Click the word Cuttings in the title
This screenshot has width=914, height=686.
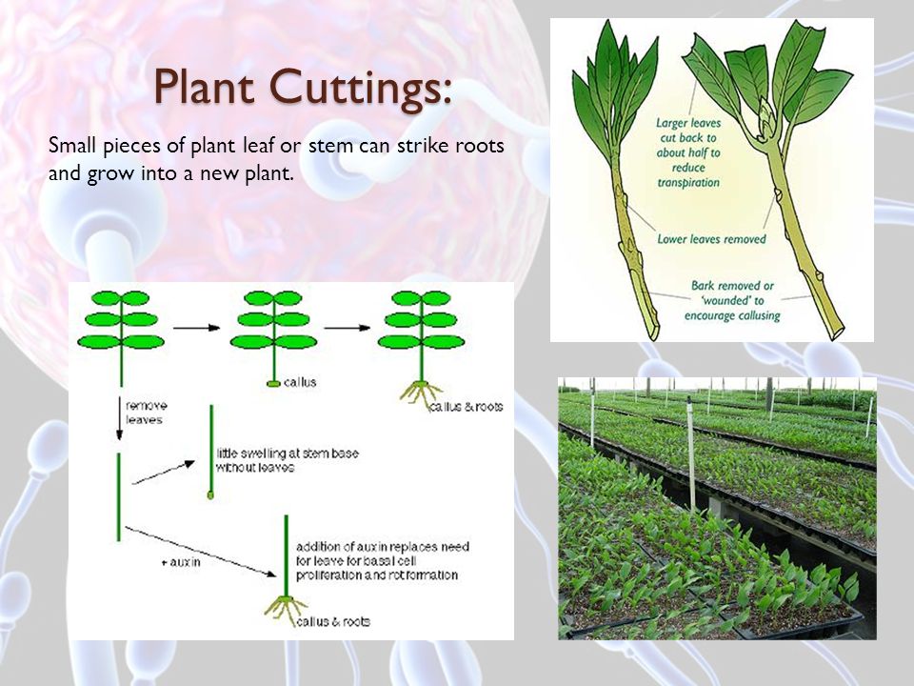click(x=361, y=88)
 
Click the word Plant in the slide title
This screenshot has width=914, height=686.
click(x=205, y=87)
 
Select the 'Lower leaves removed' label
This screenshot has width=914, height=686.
click(x=711, y=239)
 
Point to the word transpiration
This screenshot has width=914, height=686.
click(x=688, y=183)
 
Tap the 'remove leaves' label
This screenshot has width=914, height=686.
click(x=146, y=413)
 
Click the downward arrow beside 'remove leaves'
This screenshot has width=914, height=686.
click(x=120, y=417)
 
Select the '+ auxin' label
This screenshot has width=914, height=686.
click(x=181, y=562)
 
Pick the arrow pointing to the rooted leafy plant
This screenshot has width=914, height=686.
click(x=348, y=328)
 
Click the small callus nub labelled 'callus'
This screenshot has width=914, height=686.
click(x=273, y=383)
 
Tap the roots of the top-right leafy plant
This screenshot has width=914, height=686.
click(x=421, y=393)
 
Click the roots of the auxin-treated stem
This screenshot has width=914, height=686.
click(x=286, y=609)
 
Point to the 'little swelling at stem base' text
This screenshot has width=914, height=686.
click(x=288, y=454)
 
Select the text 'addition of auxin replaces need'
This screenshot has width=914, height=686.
click(x=383, y=547)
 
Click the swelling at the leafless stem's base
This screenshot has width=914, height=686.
click(x=210, y=495)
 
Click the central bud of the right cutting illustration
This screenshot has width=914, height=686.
click(x=765, y=117)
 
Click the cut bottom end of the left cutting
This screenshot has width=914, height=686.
click(x=653, y=332)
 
